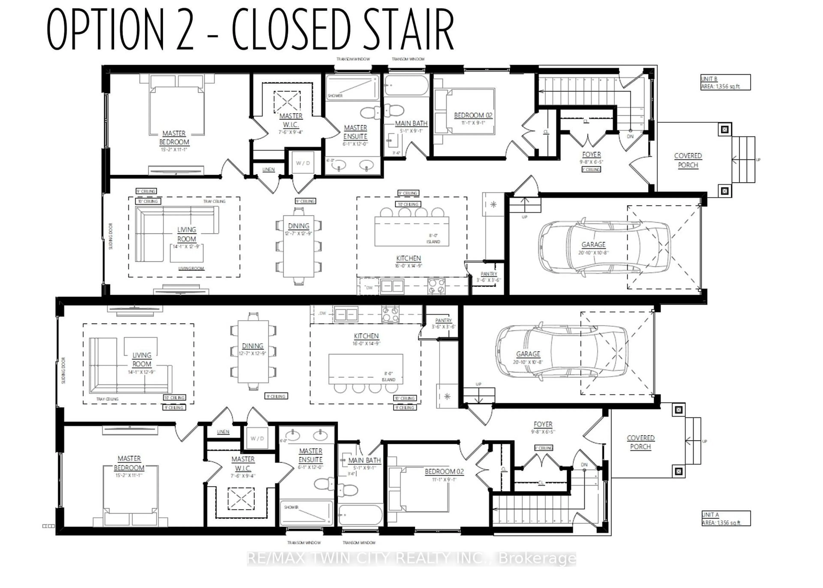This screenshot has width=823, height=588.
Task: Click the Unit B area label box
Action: click(x=725, y=82)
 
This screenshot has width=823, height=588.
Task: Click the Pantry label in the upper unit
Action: click(x=489, y=274)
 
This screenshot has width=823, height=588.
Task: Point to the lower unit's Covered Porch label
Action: click(x=641, y=442)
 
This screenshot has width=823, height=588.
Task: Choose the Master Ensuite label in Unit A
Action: click(x=310, y=455)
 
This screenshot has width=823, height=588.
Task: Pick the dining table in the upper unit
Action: click(x=299, y=246)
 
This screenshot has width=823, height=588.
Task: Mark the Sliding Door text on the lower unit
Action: click(x=63, y=370)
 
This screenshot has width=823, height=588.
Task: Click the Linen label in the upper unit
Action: click(x=268, y=169)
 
